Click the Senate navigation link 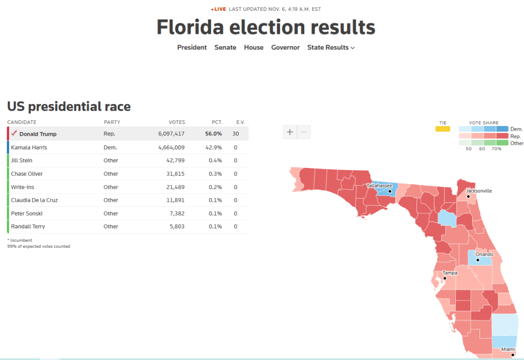pos(225,48)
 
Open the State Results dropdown pos(331,48)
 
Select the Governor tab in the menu pos(285,48)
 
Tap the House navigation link pos(254,48)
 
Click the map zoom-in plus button pos(290,132)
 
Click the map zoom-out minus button pos(304,132)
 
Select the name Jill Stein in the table pos(22,160)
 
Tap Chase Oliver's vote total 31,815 pos(175,174)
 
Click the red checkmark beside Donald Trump pos(14,133)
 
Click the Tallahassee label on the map pos(379,185)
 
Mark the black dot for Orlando pos(477,260)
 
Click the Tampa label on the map pos(450,273)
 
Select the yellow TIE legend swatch pos(443,129)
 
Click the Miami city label pos(508,349)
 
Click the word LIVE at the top pos(220,9)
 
